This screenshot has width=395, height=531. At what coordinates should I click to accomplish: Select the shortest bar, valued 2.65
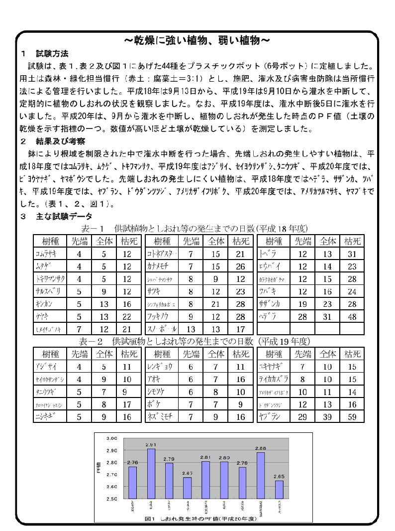tap(279, 489)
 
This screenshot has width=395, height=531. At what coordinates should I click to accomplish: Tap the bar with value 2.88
tap(260, 475)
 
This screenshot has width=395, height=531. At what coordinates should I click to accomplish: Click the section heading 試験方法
tap(52, 53)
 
